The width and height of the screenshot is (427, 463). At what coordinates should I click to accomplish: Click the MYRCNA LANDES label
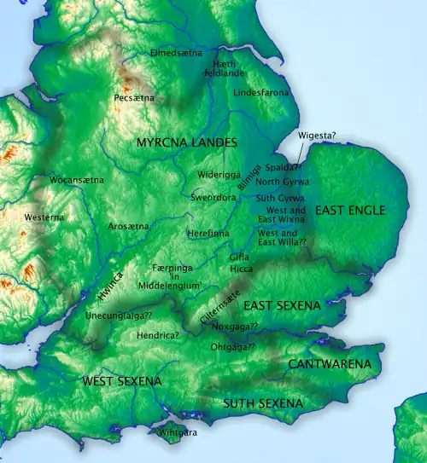(x=186, y=143)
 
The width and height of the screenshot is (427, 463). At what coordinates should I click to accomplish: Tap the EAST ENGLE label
(x=350, y=210)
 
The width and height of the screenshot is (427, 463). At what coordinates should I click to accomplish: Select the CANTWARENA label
(x=330, y=364)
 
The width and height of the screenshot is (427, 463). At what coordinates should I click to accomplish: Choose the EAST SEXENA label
(x=282, y=304)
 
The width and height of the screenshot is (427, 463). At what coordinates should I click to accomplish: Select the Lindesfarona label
(x=261, y=91)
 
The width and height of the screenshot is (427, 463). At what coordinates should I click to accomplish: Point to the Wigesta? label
(x=317, y=136)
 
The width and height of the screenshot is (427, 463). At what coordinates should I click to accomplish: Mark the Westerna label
(x=44, y=217)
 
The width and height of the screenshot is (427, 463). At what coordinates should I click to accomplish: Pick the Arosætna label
(x=129, y=226)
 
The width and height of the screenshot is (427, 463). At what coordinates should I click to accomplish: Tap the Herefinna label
(x=208, y=232)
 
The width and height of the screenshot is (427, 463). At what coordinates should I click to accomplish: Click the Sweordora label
(x=213, y=196)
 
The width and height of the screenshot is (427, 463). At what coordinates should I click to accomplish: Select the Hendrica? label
(x=157, y=336)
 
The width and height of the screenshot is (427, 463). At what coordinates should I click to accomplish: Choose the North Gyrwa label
(x=282, y=182)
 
